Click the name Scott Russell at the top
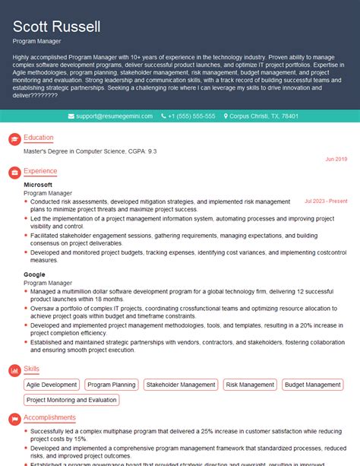tap(56, 27)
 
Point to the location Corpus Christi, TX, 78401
tap(263, 116)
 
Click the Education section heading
tap(38, 138)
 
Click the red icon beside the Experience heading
tap(14, 173)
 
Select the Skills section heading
tap(32, 369)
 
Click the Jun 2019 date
tap(336, 159)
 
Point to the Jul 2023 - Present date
tap(326, 201)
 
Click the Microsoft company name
tap(38, 185)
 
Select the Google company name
tap(34, 273)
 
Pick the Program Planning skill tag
tap(112, 385)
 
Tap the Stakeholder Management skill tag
tap(181, 385)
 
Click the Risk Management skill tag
tap(251, 385)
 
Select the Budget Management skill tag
tap(313, 385)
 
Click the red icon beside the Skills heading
tap(14, 369)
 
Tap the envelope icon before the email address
tap(71, 116)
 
